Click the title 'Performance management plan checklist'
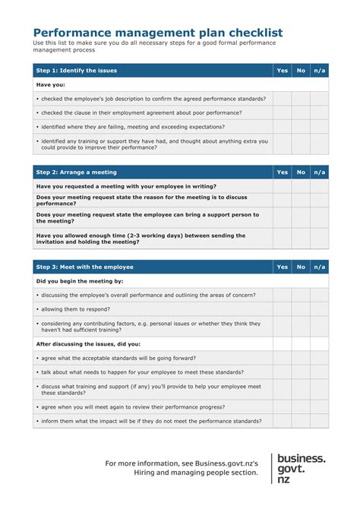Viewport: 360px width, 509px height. pos(158,33)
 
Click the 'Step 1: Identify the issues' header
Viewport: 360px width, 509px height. pos(77,71)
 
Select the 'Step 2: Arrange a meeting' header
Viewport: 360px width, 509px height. pos(77,172)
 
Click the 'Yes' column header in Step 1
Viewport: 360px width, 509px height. pos(283,71)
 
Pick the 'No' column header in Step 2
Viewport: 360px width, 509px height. pos(301,172)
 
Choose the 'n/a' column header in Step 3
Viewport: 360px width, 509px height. pos(320,267)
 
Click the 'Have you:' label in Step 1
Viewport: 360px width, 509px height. pos(50,85)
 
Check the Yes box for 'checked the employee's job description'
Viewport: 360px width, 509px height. pos(283,99)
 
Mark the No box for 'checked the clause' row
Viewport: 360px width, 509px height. pos(301,112)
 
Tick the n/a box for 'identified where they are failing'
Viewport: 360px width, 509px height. pos(320,127)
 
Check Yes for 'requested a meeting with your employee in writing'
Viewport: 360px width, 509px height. pos(283,186)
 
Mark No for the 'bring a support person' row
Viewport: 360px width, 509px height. pos(301,218)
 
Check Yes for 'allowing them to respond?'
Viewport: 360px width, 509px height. pos(283,309)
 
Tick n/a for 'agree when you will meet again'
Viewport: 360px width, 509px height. pos(320,406)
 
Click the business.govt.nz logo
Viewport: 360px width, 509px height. pos(301,469)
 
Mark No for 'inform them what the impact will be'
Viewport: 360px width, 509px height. pos(301,421)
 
